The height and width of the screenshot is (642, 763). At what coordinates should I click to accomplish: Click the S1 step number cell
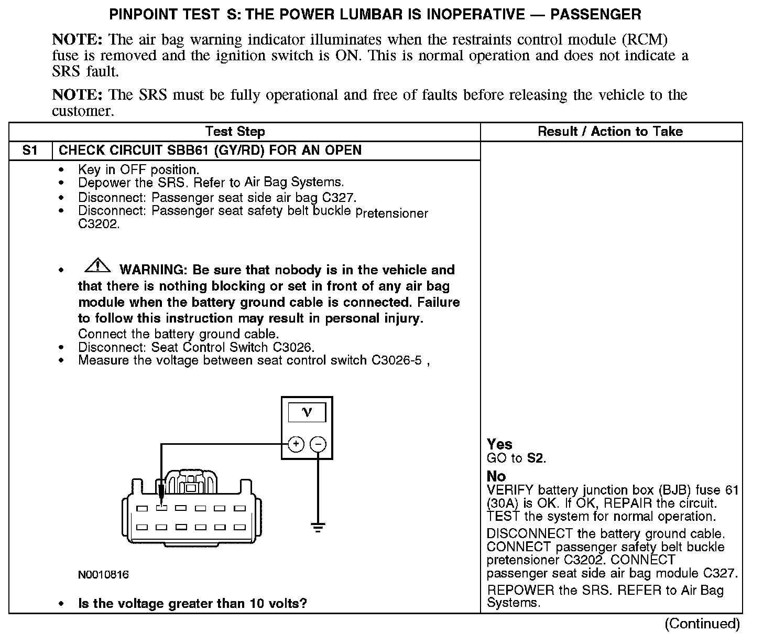[30, 151]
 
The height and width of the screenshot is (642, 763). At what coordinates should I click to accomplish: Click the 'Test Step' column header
[235, 132]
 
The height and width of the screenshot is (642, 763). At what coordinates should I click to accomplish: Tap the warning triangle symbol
[97, 266]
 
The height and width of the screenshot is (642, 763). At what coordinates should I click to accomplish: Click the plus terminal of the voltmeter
[296, 445]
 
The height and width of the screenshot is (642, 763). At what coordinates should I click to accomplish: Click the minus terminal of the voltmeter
[318, 445]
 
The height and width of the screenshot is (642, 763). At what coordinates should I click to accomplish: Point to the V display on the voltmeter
[307, 413]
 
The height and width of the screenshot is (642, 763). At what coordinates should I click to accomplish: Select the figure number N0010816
[103, 575]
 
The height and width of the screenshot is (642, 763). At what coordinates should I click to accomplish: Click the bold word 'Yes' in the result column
[499, 444]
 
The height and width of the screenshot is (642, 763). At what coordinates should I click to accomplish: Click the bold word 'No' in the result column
[496, 476]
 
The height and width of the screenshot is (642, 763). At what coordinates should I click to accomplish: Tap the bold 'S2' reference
[535, 458]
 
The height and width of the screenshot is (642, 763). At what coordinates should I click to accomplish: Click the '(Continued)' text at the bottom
[702, 624]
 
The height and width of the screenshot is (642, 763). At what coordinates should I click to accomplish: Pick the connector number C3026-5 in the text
[397, 361]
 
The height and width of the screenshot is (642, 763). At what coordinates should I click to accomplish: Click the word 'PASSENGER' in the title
[595, 14]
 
